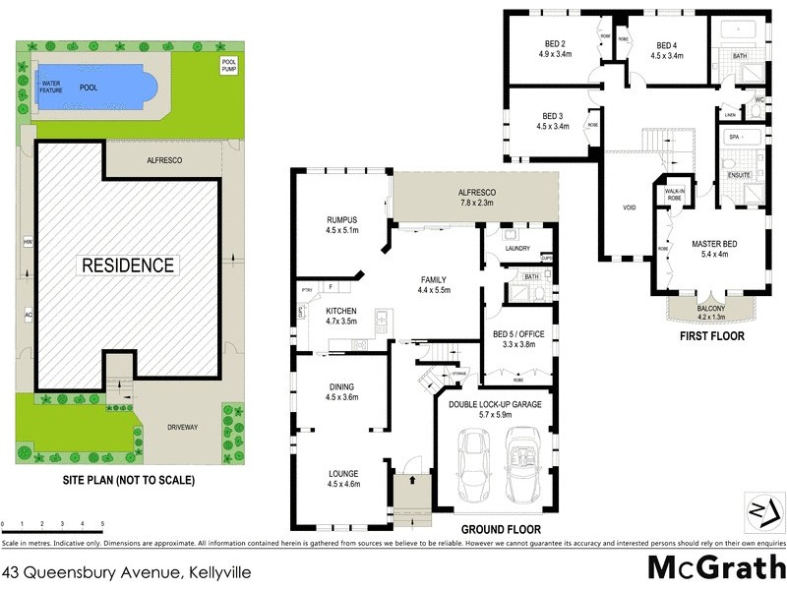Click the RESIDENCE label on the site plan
coord(128,265)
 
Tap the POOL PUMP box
coord(228,67)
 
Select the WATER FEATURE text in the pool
coord(51,87)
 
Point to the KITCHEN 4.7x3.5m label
coord(340,316)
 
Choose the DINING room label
coord(341,391)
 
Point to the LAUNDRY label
coord(516,248)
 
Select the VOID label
coord(630,207)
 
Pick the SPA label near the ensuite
coord(732,137)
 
